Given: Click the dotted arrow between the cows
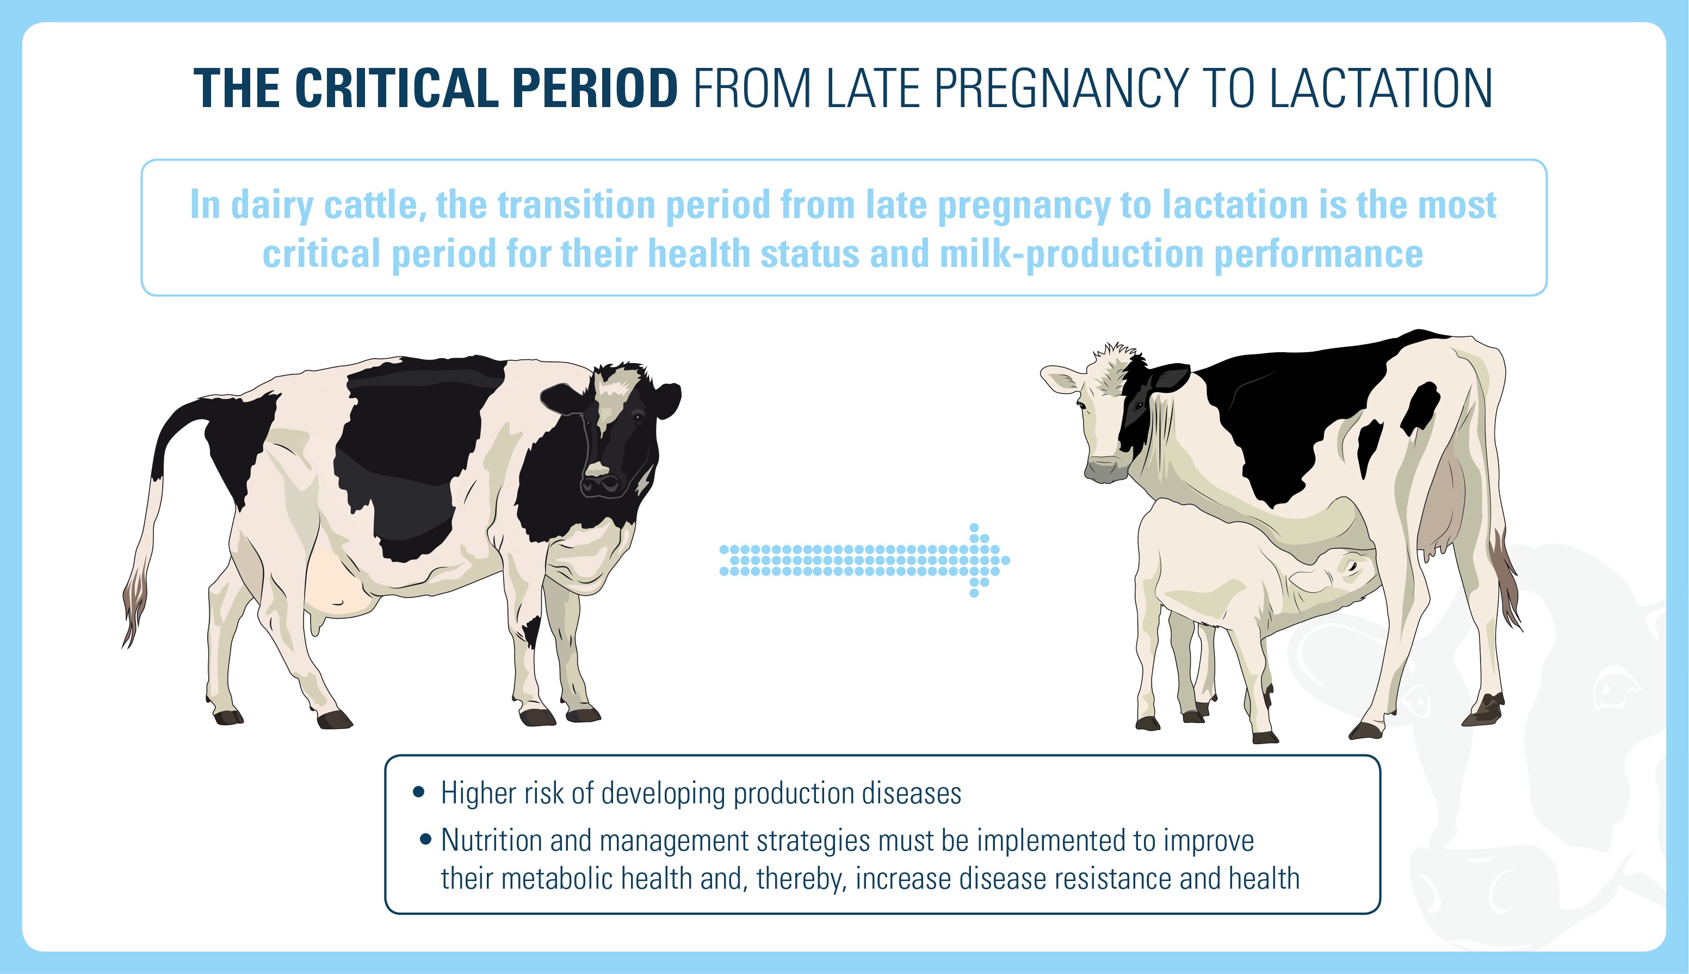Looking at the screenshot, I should [864, 560].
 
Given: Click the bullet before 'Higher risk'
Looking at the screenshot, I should [419, 792].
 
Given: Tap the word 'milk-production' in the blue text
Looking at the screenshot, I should [1071, 254].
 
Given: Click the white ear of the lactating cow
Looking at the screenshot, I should [1061, 382].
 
